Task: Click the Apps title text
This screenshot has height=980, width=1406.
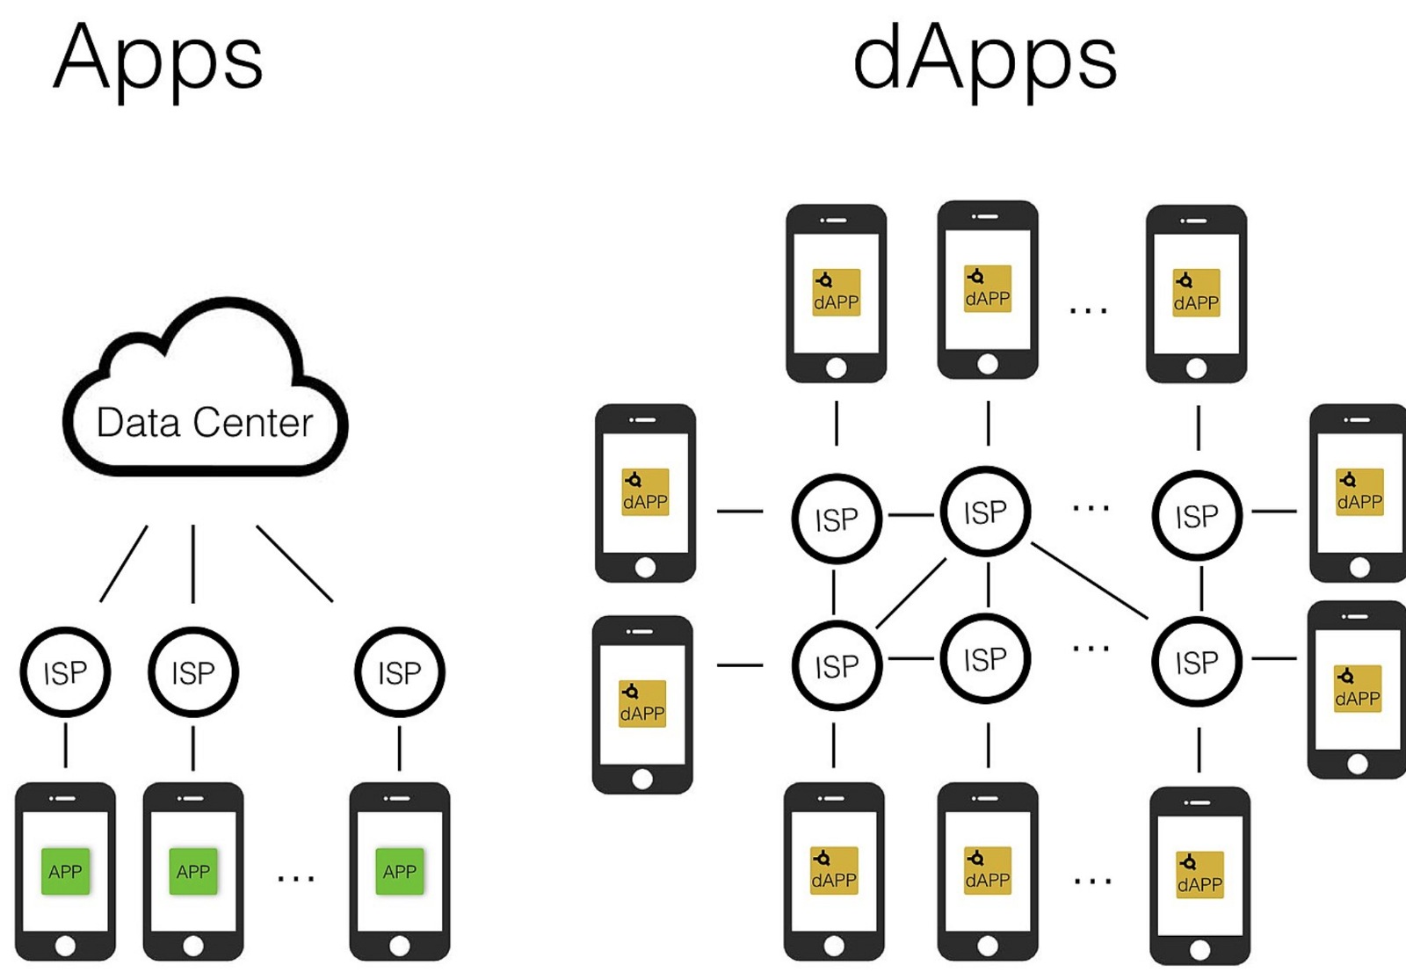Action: click(x=158, y=60)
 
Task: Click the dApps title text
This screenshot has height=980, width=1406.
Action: click(x=984, y=60)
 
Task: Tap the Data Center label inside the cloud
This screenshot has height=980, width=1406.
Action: click(x=204, y=423)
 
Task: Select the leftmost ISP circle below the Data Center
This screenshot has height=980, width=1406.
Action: click(x=65, y=672)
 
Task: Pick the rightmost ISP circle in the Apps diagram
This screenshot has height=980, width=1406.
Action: click(x=400, y=672)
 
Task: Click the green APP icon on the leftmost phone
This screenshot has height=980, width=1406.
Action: click(x=65, y=871)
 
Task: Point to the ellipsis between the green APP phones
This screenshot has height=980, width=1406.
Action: click(x=295, y=878)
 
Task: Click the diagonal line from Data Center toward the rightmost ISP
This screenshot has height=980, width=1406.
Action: click(x=294, y=563)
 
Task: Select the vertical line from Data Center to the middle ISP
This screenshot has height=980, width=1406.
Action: click(x=193, y=563)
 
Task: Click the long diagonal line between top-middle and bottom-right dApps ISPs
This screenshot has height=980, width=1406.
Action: click(x=1090, y=581)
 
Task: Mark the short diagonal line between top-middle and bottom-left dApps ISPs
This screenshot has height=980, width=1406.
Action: click(x=911, y=593)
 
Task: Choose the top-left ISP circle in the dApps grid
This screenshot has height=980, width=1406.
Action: click(x=837, y=519)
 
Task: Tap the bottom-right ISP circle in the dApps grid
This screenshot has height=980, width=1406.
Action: click(x=1197, y=662)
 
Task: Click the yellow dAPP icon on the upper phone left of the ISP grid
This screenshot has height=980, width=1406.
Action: click(x=645, y=491)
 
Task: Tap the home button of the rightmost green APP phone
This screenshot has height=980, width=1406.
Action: click(x=400, y=946)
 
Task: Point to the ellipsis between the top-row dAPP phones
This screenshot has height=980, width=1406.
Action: click(x=1088, y=310)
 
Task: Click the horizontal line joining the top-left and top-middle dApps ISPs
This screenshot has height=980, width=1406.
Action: click(x=911, y=514)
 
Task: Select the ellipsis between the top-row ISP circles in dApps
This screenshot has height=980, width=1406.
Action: click(x=1091, y=507)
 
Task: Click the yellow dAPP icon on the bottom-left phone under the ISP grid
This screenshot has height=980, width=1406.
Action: click(x=833, y=870)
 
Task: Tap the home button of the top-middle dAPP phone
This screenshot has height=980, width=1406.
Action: click(x=988, y=364)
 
